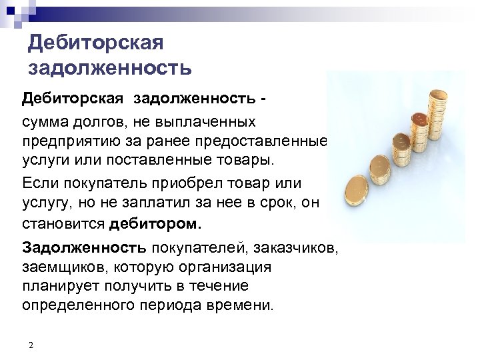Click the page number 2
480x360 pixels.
coord(31,344)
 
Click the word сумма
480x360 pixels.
coord(47,123)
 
